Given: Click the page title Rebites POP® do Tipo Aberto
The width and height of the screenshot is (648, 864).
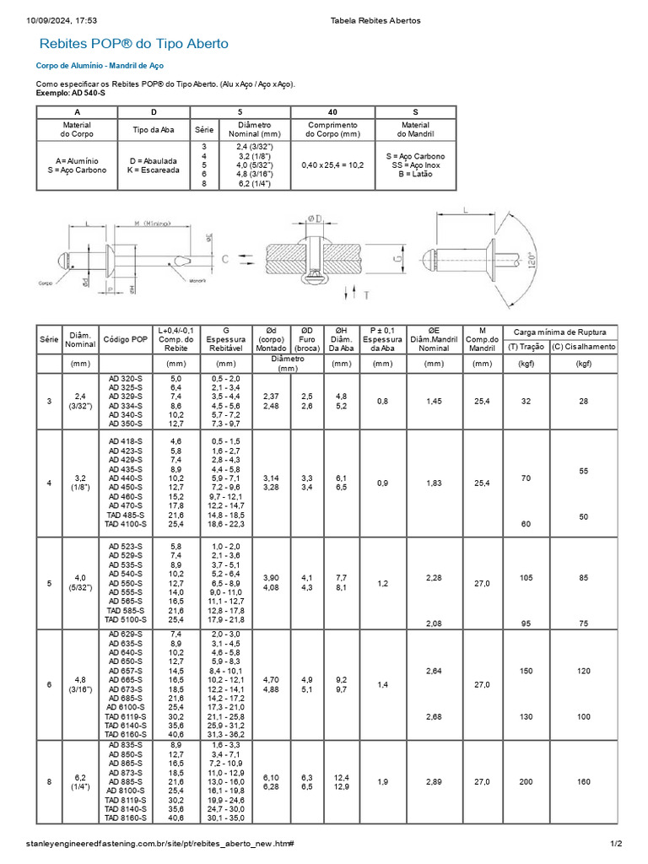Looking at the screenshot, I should tap(134, 44).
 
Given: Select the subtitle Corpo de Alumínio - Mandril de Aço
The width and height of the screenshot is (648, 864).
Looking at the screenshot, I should tap(100, 65).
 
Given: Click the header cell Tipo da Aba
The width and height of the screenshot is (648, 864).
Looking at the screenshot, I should tap(155, 130).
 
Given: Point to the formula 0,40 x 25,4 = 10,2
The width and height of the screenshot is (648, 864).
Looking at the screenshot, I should tap(332, 165).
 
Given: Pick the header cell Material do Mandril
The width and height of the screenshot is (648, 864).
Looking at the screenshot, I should tap(415, 130).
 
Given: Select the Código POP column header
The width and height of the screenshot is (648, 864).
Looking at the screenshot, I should tap(126, 339).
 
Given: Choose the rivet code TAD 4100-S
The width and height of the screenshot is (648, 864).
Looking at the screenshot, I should tap(126, 524).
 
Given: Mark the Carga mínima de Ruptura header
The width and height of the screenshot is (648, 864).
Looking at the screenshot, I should tap(560, 332).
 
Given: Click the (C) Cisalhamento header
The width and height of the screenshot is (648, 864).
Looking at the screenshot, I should tap(584, 347).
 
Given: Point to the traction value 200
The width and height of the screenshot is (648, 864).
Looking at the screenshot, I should tap(526, 782).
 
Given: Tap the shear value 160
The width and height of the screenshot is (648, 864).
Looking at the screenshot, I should tap(584, 782).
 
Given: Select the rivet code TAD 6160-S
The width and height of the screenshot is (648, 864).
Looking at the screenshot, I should tap(126, 734).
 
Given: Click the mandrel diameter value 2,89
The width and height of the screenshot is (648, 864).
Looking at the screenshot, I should tap(434, 782).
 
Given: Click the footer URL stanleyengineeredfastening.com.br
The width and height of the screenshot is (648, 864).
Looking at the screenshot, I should tap(159, 844).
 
